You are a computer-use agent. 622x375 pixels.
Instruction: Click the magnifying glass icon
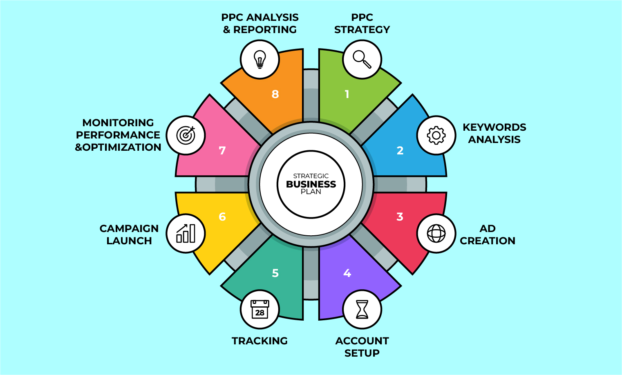pos(362,59)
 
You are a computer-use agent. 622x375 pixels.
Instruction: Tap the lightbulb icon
pos(260,59)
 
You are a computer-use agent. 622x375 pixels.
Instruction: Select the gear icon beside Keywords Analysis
pos(436,135)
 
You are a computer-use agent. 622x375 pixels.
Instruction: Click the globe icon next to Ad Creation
pos(436,234)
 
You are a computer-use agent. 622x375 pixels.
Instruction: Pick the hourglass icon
pos(362,309)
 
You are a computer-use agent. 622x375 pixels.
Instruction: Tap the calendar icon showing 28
pos(260,309)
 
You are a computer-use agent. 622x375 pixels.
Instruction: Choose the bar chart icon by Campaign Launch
pos(186,234)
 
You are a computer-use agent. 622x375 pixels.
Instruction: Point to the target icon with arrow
pos(186,135)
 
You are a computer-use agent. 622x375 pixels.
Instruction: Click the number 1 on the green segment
pos(347,94)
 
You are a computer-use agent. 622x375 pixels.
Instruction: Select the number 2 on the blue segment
pos(400,151)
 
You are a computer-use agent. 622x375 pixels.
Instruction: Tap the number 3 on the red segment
pos(400,217)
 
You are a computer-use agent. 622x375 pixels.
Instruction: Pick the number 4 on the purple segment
pos(347,273)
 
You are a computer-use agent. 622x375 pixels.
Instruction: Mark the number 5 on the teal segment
pos(275,273)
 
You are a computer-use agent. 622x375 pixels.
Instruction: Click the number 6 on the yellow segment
pos(222,217)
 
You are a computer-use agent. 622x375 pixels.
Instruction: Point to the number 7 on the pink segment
pos(222,151)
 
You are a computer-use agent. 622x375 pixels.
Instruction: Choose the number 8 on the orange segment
pos(275,94)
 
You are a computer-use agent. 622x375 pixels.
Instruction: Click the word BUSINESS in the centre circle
pos(311,184)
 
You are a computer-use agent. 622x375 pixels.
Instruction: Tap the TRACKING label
pos(260,341)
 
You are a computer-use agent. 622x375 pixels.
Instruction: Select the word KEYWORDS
pos(494,127)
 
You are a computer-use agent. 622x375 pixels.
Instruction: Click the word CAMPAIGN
pos(129,228)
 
